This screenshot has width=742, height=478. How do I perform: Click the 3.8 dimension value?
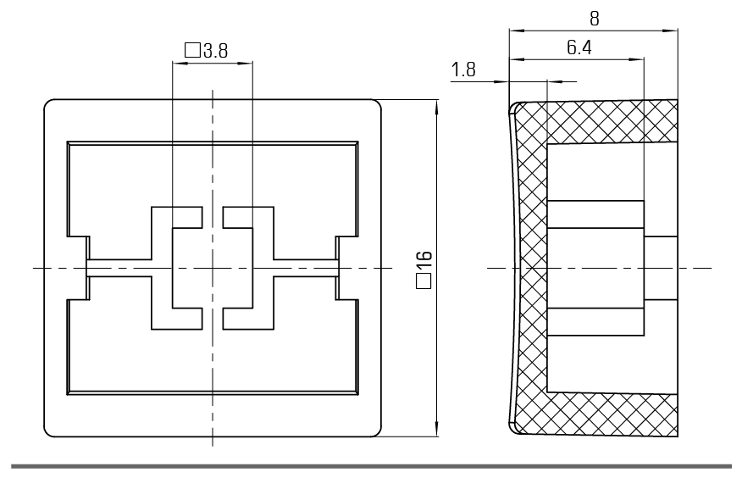click(216, 50)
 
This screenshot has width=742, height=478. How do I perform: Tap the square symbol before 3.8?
click(192, 50)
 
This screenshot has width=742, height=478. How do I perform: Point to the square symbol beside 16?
click(424, 281)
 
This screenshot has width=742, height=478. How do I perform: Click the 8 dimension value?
click(595, 19)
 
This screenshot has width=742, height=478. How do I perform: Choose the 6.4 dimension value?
click(579, 47)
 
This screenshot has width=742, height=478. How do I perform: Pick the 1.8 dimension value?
click(463, 69)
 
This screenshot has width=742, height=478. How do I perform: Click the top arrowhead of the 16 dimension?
click(436, 108)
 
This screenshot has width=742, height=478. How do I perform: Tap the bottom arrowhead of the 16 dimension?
click(436, 428)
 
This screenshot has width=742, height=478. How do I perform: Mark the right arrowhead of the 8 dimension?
click(670, 31)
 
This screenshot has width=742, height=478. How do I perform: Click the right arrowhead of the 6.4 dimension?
click(636, 59)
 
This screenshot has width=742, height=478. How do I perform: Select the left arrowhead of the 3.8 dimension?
click(180, 63)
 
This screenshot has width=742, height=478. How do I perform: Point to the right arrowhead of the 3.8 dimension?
click(245, 63)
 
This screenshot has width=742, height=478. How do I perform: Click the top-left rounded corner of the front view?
click(47, 103)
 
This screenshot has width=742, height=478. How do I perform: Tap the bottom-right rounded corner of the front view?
click(378, 433)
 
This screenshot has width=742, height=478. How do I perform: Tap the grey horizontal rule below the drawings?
click(372, 466)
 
